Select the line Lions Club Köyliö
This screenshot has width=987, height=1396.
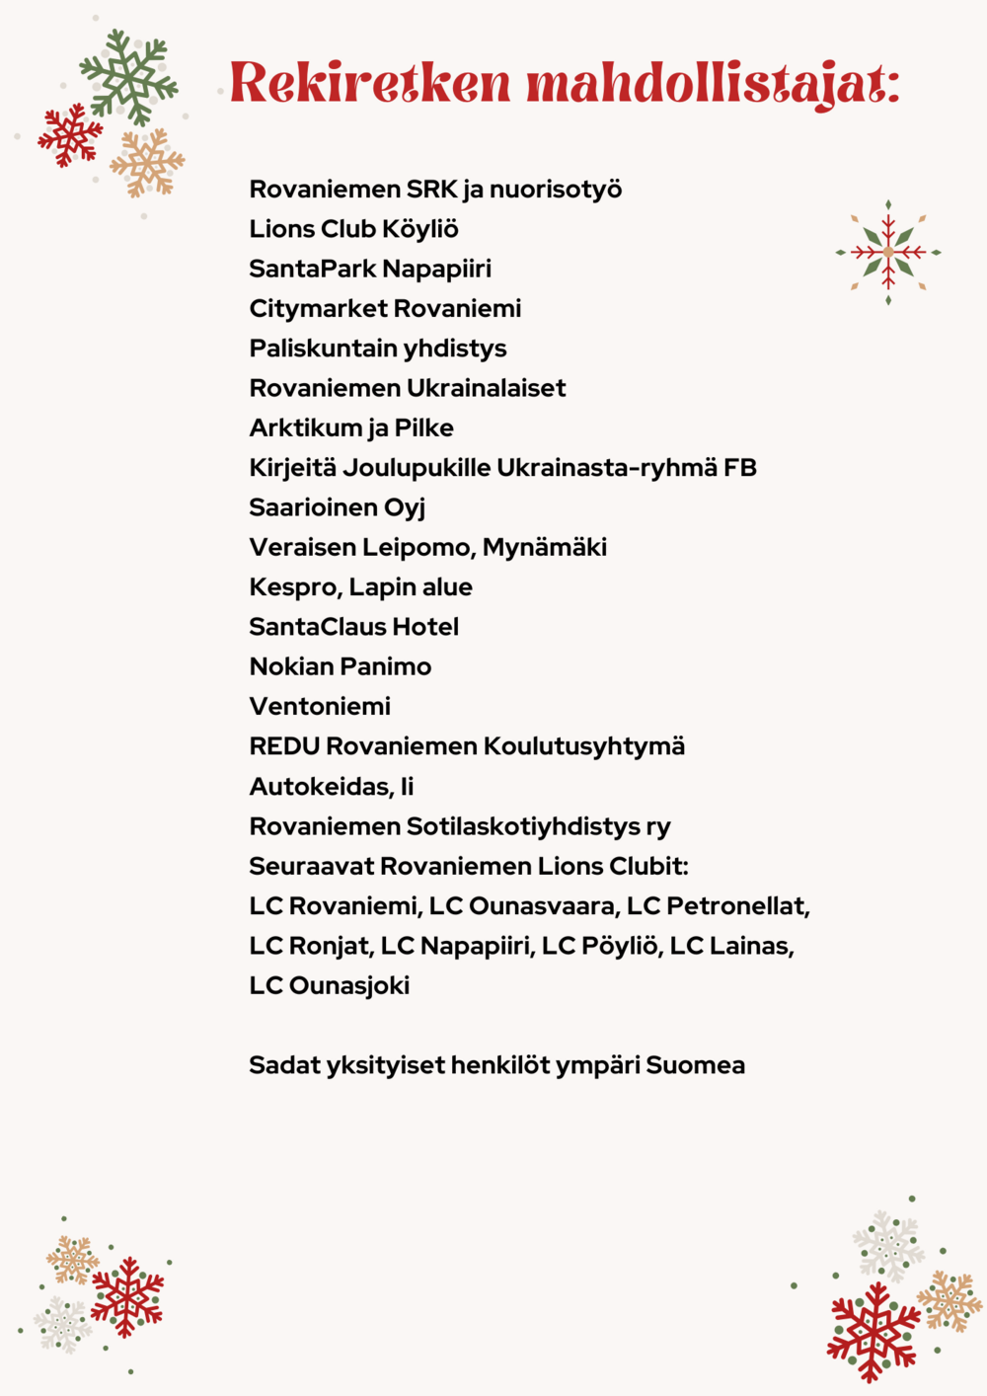tap(353, 229)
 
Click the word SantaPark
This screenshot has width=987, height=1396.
tap(312, 269)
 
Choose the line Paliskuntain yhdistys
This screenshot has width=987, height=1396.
tap(377, 349)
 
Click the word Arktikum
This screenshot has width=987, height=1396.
tap(305, 428)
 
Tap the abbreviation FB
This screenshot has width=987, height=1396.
tap(740, 467)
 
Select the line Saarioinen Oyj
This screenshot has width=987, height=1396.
tap(337, 507)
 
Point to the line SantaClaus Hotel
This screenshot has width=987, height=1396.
tap(353, 627)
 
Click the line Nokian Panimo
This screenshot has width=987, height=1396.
tap(340, 666)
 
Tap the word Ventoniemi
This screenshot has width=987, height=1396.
tap(320, 707)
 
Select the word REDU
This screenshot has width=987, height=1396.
tap(284, 746)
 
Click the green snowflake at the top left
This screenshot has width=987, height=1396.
tap(128, 76)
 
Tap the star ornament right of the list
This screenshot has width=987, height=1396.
tap(888, 253)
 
